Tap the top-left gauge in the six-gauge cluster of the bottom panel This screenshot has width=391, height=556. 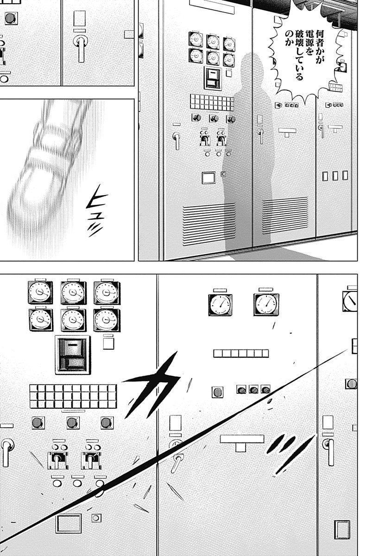point(40,292)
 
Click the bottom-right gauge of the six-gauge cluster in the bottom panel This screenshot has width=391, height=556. point(107,320)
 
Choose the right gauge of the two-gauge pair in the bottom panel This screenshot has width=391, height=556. point(266,304)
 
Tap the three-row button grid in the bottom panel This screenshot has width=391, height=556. point(73,396)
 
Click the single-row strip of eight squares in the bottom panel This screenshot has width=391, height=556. point(241,353)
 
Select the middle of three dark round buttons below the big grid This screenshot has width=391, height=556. point(73,423)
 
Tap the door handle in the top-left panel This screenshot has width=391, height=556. point(81,48)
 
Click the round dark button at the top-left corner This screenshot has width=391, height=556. point(11,18)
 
